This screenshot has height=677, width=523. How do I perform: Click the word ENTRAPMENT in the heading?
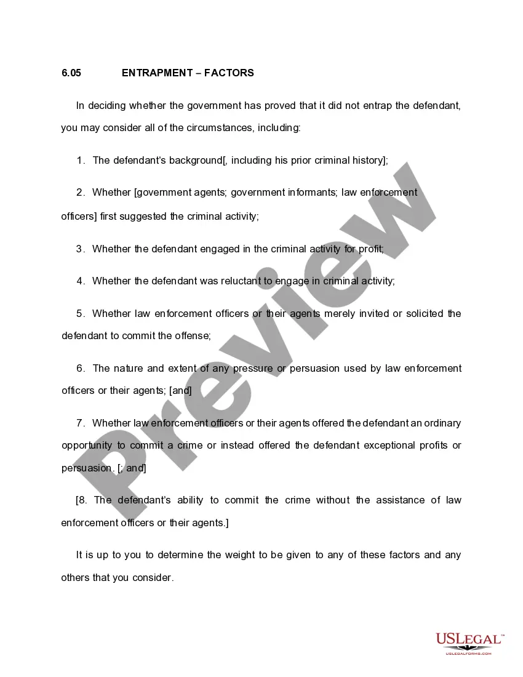tap(157, 73)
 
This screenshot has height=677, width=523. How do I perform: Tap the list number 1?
tap(81, 161)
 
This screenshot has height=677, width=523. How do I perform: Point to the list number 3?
tap(80, 249)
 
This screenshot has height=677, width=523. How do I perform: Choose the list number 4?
tap(80, 281)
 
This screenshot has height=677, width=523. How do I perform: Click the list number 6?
tap(80, 369)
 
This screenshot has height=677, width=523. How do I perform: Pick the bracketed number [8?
tap(82, 500)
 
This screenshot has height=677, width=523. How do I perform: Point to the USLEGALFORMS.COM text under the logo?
tap(469, 653)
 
